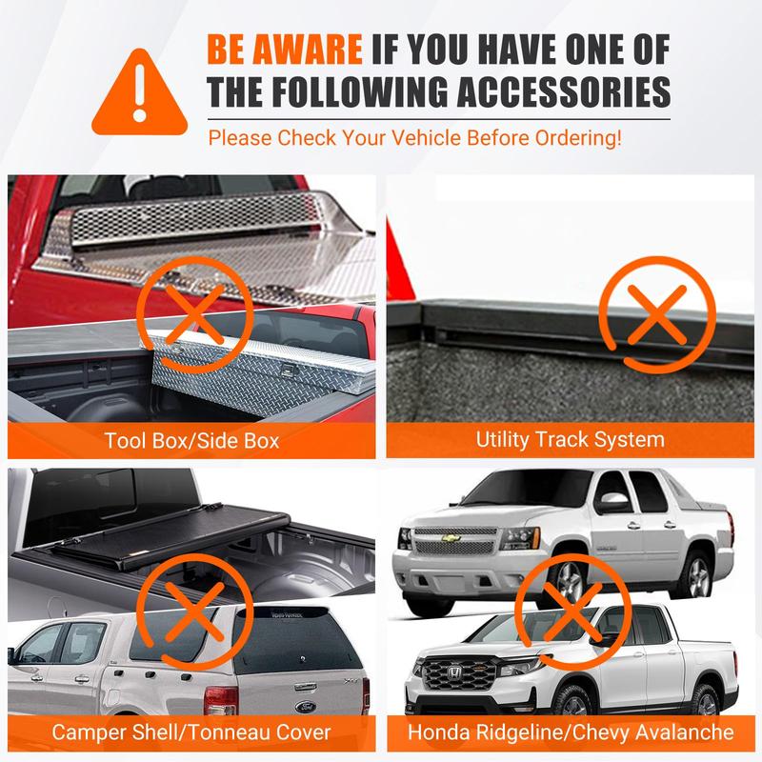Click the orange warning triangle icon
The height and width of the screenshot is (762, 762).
(x=139, y=94)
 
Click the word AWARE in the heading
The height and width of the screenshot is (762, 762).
(x=308, y=50)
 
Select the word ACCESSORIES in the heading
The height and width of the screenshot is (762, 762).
(x=564, y=91)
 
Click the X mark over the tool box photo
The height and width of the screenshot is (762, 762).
(x=194, y=314)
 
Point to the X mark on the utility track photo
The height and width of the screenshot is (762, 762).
(x=657, y=314)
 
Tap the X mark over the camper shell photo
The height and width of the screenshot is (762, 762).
(x=194, y=612)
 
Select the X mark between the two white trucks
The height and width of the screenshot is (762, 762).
(x=573, y=612)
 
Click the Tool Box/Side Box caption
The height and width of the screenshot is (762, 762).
(x=192, y=441)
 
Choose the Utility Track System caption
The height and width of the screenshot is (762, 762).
(x=570, y=440)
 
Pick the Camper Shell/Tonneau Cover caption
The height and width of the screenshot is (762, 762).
(x=191, y=732)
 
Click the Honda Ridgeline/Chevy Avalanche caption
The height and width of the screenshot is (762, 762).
(x=571, y=732)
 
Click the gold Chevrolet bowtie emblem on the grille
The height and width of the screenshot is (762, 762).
(x=451, y=538)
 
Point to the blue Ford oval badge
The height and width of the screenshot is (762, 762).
(x=306, y=707)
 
